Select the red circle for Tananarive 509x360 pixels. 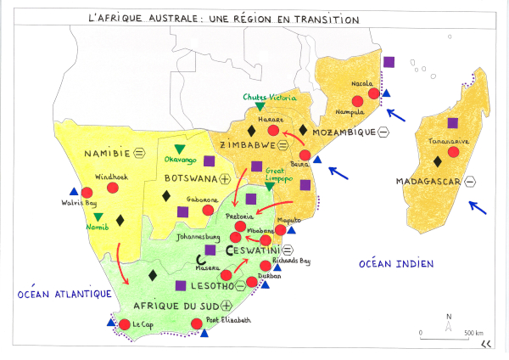click(x=454, y=152)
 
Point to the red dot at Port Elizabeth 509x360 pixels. click(x=198, y=323)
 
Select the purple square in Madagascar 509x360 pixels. click(x=453, y=123)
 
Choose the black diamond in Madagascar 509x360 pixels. click(x=437, y=161)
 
